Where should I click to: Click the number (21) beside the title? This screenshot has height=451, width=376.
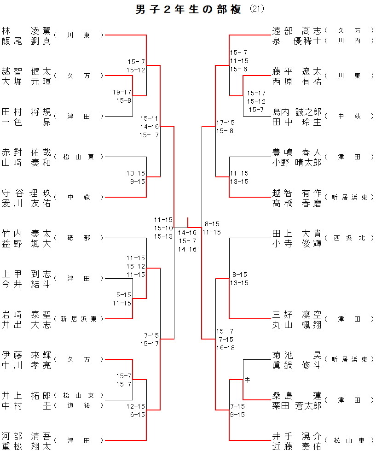(257, 9)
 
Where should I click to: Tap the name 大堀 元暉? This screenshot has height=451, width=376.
(26, 82)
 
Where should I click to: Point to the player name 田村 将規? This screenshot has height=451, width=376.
(26, 112)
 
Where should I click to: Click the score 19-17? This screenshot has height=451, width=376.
(122, 92)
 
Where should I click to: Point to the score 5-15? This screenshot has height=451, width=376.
(123, 295)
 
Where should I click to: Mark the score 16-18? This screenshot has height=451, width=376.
(225, 348)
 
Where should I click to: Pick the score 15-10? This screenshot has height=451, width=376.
(163, 228)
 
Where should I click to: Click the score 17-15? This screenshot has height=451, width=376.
(225, 123)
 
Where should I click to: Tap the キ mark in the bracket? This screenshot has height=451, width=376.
(247, 380)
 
